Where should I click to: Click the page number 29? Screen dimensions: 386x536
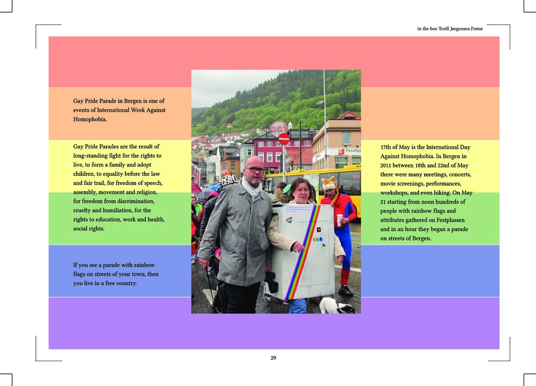click(273, 358)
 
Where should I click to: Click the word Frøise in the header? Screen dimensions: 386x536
click(475, 29)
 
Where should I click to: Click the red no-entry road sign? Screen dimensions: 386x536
click(283, 138)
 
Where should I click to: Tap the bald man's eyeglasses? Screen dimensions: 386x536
click(254, 169)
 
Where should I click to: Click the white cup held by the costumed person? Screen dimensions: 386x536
click(340, 219)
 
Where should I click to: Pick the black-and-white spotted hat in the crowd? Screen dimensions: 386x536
click(229, 179)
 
